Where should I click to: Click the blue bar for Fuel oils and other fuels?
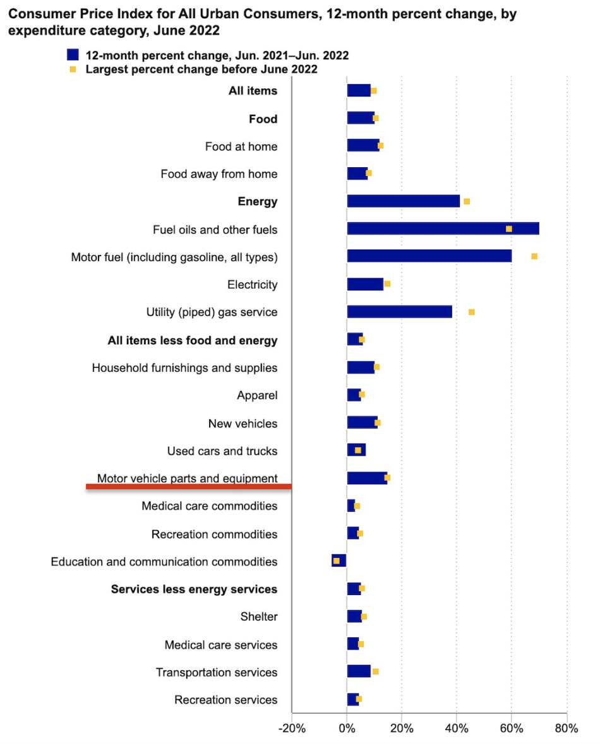pyautogui.click(x=442, y=228)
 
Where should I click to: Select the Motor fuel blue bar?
pyautogui.click(x=429, y=256)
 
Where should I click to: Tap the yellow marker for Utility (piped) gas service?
pyautogui.click(x=471, y=312)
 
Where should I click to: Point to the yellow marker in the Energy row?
pyautogui.click(x=467, y=201)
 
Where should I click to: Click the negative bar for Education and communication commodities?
pyautogui.click(x=339, y=560)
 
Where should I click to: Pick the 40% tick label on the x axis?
pyautogui.click(x=457, y=728)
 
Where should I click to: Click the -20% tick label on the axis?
pyautogui.click(x=292, y=728)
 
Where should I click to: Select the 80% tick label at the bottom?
pyautogui.click(x=566, y=728)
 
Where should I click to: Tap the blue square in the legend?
pyautogui.click(x=73, y=55)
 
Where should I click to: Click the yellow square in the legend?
pyautogui.click(x=73, y=69)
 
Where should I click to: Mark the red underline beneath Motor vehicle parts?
pyautogui.click(x=188, y=487)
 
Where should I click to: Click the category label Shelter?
pyautogui.click(x=258, y=617)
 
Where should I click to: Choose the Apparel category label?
pyautogui.click(x=257, y=396)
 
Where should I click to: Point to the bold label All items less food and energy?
pyautogui.click(x=193, y=341)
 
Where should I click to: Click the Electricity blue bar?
pyautogui.click(x=365, y=284)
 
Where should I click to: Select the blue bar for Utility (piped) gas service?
pyautogui.click(x=399, y=312)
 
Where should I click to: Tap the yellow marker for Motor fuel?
pyautogui.click(x=534, y=256)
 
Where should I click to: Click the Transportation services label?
pyautogui.click(x=217, y=672)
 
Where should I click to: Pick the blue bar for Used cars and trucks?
pyautogui.click(x=356, y=450)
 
